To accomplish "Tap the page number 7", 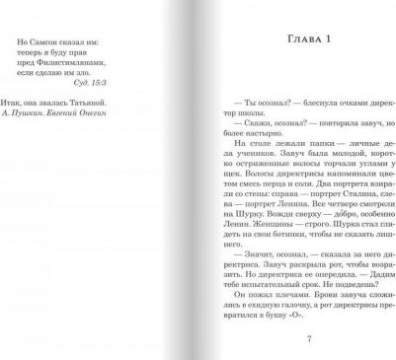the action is tap(309, 339).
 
